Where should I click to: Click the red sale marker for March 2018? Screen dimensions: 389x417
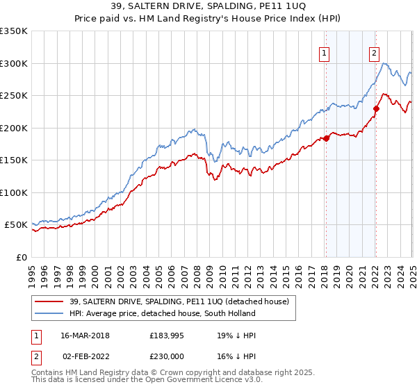coord(326,139)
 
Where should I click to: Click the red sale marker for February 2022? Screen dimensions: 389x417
coord(376,108)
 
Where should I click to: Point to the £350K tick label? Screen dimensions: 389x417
coord(13,31)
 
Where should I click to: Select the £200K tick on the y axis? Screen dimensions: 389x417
coord(13,128)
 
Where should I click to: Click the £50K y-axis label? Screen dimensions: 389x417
coord(16,225)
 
